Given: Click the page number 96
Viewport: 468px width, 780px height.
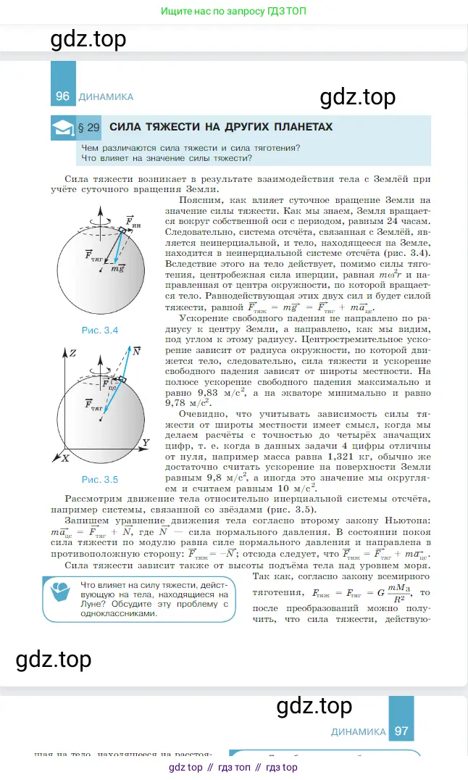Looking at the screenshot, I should click(x=62, y=96).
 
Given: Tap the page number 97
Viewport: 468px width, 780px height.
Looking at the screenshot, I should click(x=401, y=731).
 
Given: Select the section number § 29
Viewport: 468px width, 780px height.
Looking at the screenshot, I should click(x=88, y=128).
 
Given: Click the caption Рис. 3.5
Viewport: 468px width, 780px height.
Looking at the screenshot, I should click(x=100, y=479).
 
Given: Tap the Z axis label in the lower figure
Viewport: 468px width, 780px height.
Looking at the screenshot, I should click(x=72, y=353).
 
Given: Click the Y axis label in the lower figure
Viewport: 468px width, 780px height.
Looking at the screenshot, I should click(x=146, y=442).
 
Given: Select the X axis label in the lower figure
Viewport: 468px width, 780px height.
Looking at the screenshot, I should click(x=65, y=458).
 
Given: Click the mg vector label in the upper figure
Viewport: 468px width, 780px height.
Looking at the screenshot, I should click(x=117, y=269).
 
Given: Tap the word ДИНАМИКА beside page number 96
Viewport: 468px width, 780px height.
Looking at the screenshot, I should click(x=105, y=96).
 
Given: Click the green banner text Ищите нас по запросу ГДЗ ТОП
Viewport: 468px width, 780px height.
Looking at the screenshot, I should click(x=233, y=12).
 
